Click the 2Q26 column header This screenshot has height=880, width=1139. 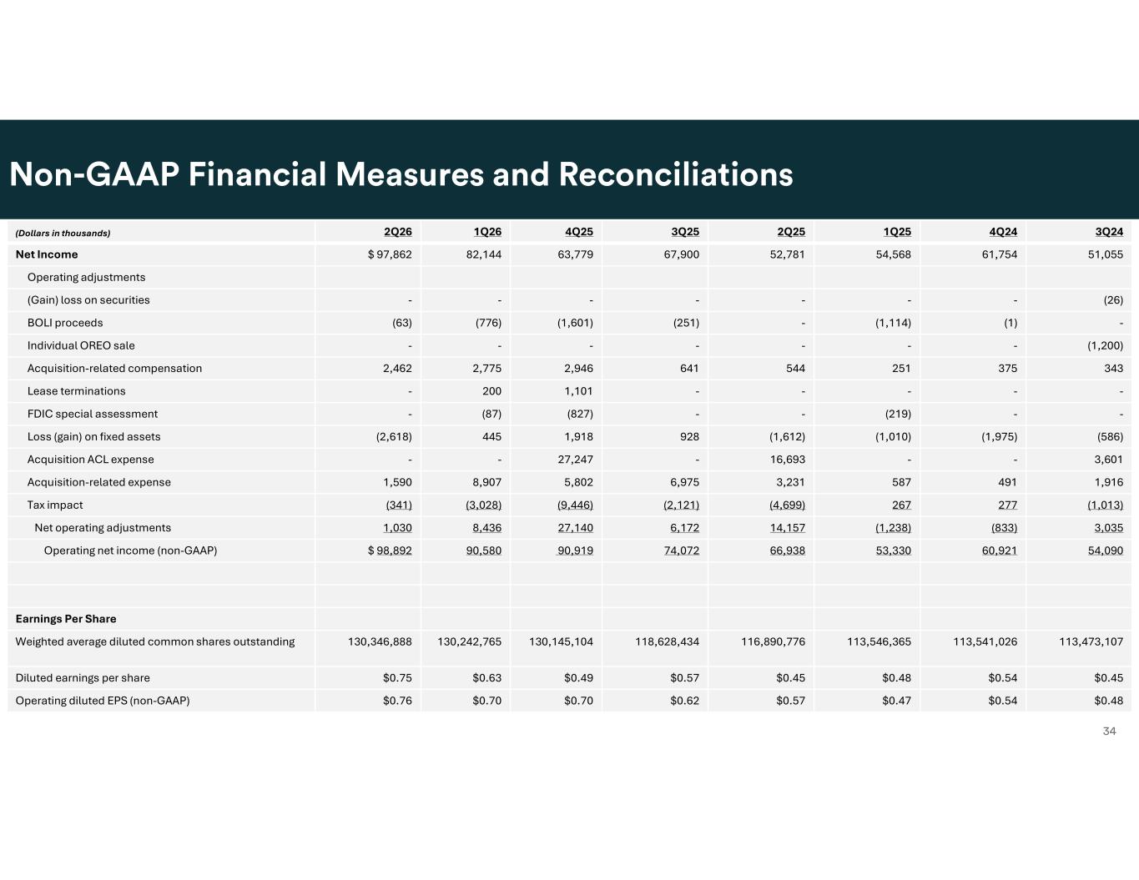tap(398, 232)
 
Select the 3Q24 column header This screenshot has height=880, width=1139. tap(1109, 232)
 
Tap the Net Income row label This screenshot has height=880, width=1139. tap(47, 254)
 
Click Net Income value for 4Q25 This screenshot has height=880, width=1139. tap(576, 254)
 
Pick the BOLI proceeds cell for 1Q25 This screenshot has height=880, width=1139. tap(893, 323)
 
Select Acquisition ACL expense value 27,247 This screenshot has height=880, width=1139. tap(576, 460)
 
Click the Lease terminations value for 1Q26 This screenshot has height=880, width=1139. tap(491, 391)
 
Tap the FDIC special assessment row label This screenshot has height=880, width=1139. tap(93, 414)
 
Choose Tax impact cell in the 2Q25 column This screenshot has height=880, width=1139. tap(788, 505)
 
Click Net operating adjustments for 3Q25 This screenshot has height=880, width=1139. tap(684, 527)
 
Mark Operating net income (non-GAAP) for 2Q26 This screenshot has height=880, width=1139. tap(390, 551)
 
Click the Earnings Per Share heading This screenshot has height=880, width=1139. tap(66, 619)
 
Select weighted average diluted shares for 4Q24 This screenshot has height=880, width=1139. tap(985, 641)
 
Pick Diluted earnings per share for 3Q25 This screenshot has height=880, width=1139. tap(684, 678)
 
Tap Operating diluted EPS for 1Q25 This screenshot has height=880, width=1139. tap(896, 701)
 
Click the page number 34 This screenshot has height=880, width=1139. tap(1109, 732)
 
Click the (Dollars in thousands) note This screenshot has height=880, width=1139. tap(63, 233)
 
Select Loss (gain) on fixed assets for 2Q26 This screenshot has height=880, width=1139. tap(394, 437)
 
